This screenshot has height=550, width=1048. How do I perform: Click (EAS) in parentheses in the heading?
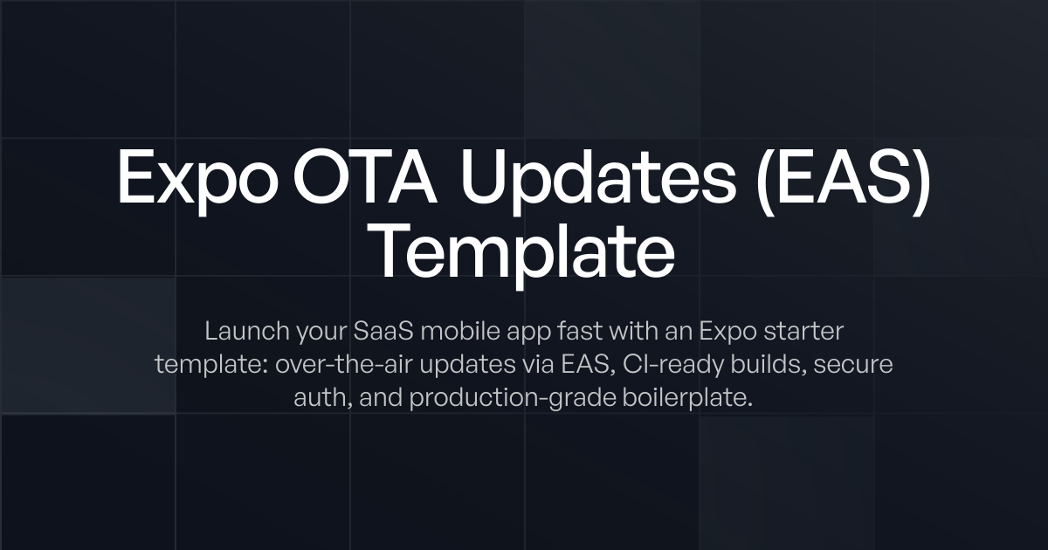tap(844, 177)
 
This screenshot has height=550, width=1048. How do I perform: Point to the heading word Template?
tap(523, 251)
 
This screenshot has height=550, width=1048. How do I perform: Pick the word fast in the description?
tap(565, 332)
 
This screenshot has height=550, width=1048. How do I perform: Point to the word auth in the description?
tap(319, 398)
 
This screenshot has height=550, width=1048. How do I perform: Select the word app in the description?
tap(521, 333)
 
